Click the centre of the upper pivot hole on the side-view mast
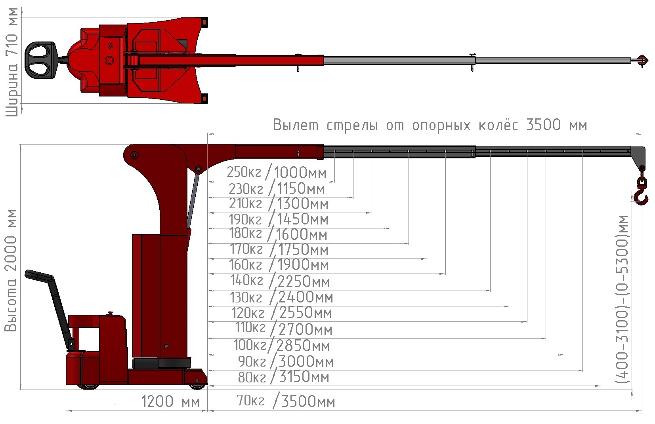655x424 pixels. coord(134,155)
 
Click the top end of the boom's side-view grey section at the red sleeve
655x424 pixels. coord(324,146)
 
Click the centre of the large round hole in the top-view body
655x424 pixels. coord(110,61)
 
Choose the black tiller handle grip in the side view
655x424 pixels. coord(39,275)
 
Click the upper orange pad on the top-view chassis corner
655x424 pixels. coord(205,22)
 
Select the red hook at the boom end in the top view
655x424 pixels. coord(642,61)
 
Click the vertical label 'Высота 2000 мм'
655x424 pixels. coord(11,270)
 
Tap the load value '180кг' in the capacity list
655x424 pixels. coord(246,234)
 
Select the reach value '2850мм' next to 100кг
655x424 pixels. coord(303,346)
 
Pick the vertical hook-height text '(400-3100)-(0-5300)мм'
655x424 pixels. coord(621,300)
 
